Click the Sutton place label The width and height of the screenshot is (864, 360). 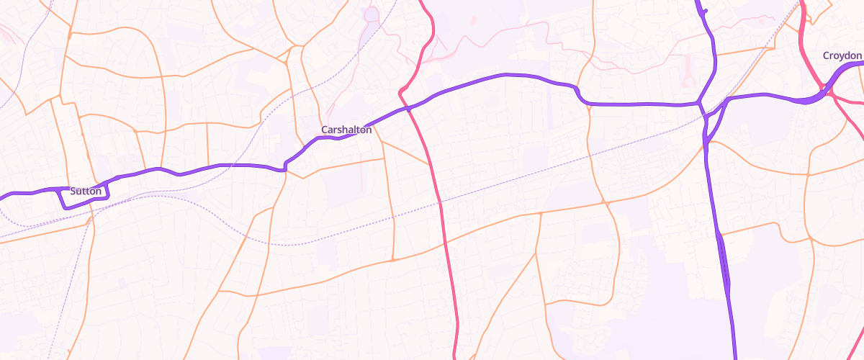pos(86,192)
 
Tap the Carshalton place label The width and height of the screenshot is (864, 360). pos(346,130)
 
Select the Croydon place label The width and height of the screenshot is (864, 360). pos(842,55)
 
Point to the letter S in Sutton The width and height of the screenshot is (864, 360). pos(74,192)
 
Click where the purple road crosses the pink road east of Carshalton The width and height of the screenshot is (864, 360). pos(408,108)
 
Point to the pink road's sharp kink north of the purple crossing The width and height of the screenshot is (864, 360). pos(400,91)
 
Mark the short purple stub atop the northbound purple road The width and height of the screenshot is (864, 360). pos(703,10)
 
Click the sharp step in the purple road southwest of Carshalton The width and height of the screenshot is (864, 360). pos(286,167)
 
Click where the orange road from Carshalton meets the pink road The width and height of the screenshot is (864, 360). pos(431,164)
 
